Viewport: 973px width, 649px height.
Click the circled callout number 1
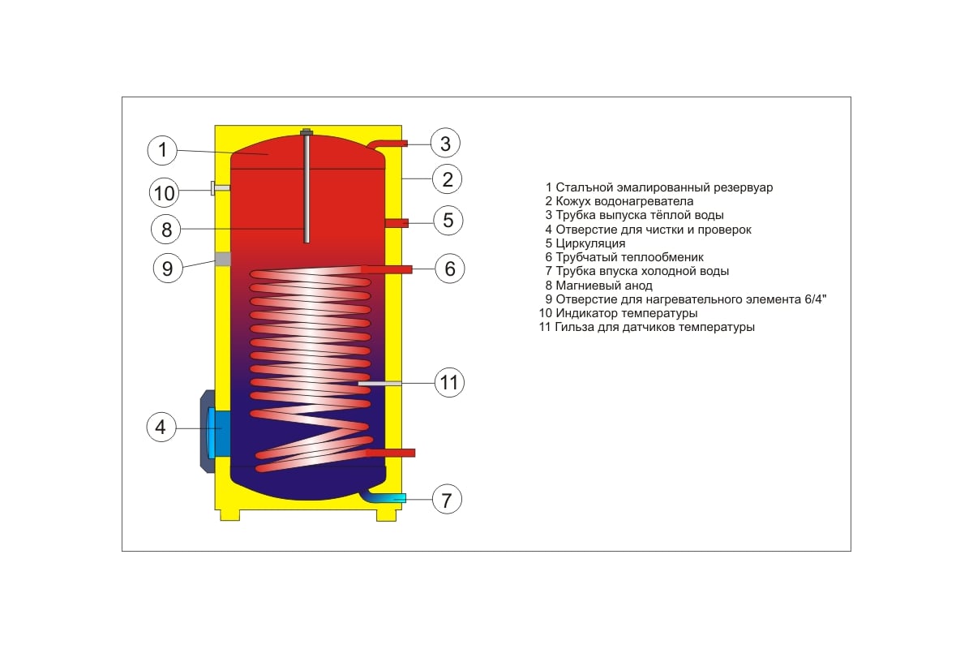point(163,150)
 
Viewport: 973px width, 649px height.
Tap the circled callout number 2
point(447,178)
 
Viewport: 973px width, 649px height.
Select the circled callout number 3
point(445,144)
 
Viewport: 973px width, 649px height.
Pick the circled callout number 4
point(161,427)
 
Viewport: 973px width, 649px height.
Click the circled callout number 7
point(446,499)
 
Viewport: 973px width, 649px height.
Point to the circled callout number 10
point(165,193)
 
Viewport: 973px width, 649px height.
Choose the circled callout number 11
point(449,381)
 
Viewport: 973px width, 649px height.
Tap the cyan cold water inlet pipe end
point(396,497)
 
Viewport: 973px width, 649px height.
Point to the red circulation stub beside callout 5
point(396,222)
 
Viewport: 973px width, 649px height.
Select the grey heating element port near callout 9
point(223,259)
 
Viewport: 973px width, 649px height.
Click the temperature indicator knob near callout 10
point(220,188)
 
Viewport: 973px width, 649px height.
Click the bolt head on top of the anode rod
point(307,131)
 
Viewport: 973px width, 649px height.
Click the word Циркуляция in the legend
point(590,243)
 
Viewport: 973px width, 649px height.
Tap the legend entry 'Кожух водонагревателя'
point(624,201)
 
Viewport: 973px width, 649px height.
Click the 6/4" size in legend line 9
point(813,299)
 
